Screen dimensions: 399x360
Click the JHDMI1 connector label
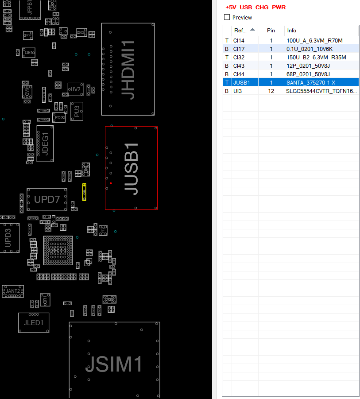128,70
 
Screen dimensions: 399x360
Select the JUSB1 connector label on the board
132,168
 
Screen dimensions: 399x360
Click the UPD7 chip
47,200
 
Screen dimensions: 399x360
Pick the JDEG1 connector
45,143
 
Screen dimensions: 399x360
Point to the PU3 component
77,111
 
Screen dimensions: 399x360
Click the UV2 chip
75,89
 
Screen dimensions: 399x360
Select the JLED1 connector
34,323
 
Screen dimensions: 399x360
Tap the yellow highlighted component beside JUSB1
84,191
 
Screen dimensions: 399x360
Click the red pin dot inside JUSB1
111,183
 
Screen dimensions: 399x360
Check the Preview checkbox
227,18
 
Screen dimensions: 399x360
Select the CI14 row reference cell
239,41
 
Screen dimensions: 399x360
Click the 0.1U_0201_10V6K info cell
310,49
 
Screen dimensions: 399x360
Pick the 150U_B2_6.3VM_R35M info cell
316,58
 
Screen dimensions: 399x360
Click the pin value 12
271,91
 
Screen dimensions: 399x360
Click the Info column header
292,31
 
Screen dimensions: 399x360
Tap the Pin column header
271,31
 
